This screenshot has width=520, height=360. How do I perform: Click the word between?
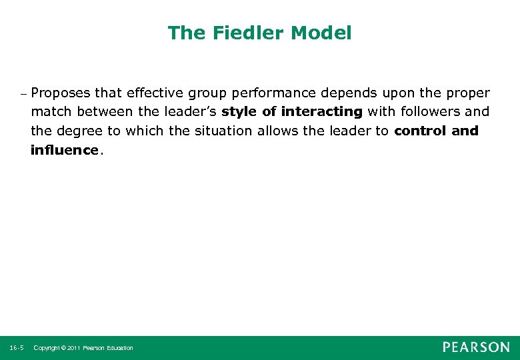pyautogui.click(x=107, y=111)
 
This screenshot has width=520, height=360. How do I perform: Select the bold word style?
pyautogui.click(x=239, y=111)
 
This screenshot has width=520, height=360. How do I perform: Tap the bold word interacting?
pyautogui.click(x=322, y=111)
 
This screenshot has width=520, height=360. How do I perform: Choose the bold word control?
pyautogui.click(x=420, y=131)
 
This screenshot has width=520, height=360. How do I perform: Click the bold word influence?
pyautogui.click(x=64, y=150)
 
